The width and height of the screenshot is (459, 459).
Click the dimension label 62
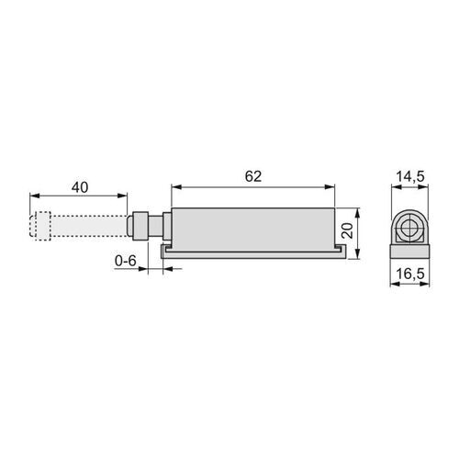click(253, 174)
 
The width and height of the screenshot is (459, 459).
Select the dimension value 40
click(79, 186)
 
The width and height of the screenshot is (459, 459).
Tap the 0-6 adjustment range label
click(126, 261)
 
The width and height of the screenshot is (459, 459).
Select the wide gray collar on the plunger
click(140, 226)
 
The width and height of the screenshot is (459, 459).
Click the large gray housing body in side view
click(252, 226)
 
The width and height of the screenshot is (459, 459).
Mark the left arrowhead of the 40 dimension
click(33, 195)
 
